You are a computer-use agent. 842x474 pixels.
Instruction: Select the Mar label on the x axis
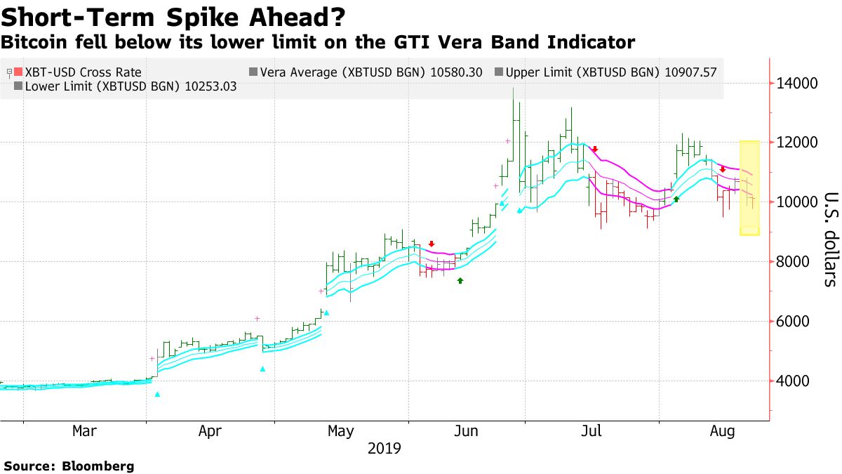click(x=85, y=431)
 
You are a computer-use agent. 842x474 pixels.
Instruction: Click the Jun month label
click(x=467, y=431)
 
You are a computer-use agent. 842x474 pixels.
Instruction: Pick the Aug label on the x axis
click(x=722, y=431)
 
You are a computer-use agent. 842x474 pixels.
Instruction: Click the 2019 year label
click(x=385, y=449)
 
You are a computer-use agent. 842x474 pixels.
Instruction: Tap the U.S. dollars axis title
click(x=830, y=239)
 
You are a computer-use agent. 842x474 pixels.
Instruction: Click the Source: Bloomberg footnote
click(x=69, y=466)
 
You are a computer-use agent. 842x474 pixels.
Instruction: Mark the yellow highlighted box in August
click(x=749, y=187)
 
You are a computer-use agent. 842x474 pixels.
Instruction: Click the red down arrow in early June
click(x=432, y=244)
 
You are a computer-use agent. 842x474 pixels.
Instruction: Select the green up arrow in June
click(x=460, y=280)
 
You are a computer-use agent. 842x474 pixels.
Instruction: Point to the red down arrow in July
click(x=594, y=149)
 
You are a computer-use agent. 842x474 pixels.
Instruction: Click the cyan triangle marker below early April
click(x=157, y=395)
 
